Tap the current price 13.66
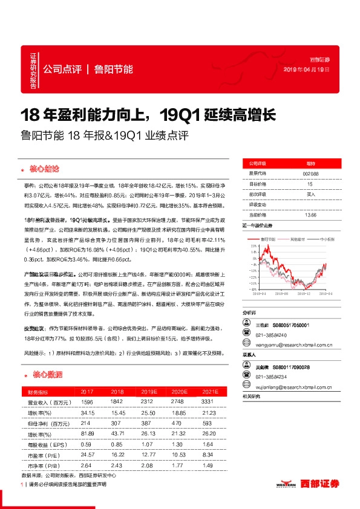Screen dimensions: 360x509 coord(310,214)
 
